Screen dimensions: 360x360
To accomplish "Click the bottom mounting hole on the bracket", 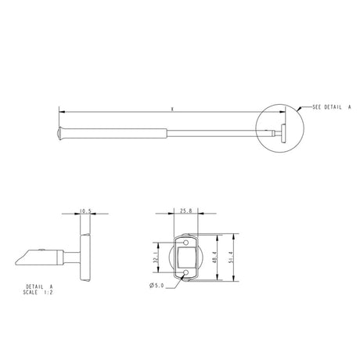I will [x=185, y=273].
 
